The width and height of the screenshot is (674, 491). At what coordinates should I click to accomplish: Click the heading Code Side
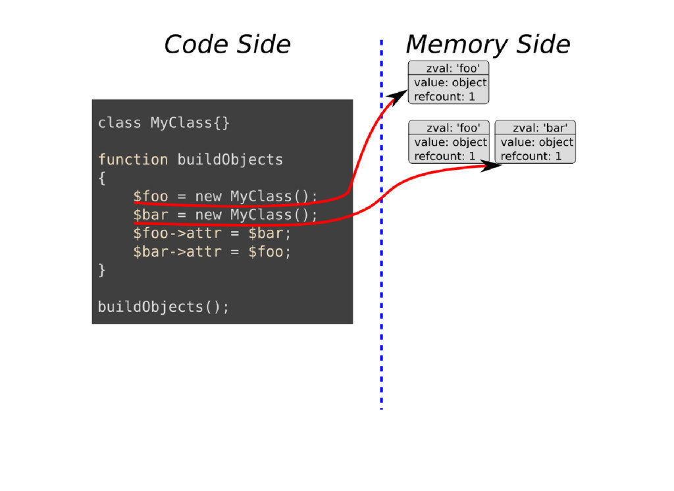pos(226,44)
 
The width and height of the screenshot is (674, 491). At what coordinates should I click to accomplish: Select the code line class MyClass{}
pos(164,123)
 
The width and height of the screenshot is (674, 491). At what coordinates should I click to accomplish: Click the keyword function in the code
pos(133,160)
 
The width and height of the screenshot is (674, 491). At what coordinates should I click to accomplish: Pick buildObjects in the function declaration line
pos(230,160)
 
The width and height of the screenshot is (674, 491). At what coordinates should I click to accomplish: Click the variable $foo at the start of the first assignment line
pos(150,196)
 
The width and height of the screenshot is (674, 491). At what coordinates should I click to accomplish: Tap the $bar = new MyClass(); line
pos(225,215)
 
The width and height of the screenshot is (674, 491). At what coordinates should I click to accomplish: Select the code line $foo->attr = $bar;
pos(212,234)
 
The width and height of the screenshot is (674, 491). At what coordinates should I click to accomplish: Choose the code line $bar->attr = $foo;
pos(212,252)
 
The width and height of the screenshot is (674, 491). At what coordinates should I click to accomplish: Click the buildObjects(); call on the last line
pos(164,307)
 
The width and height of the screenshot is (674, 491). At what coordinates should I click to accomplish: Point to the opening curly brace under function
pos(101,178)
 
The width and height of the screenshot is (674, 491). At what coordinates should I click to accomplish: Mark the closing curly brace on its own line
pos(101,271)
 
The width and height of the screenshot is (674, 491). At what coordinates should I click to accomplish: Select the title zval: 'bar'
pos(539,128)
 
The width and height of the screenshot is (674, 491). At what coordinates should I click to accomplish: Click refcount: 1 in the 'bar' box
pos(531,156)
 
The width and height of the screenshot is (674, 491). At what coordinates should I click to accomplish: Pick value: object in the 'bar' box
pos(536,142)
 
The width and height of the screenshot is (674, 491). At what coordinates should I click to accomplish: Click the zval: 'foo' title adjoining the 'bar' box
pos(453,128)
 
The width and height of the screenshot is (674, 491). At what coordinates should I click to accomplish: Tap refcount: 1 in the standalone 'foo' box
pos(444,96)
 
